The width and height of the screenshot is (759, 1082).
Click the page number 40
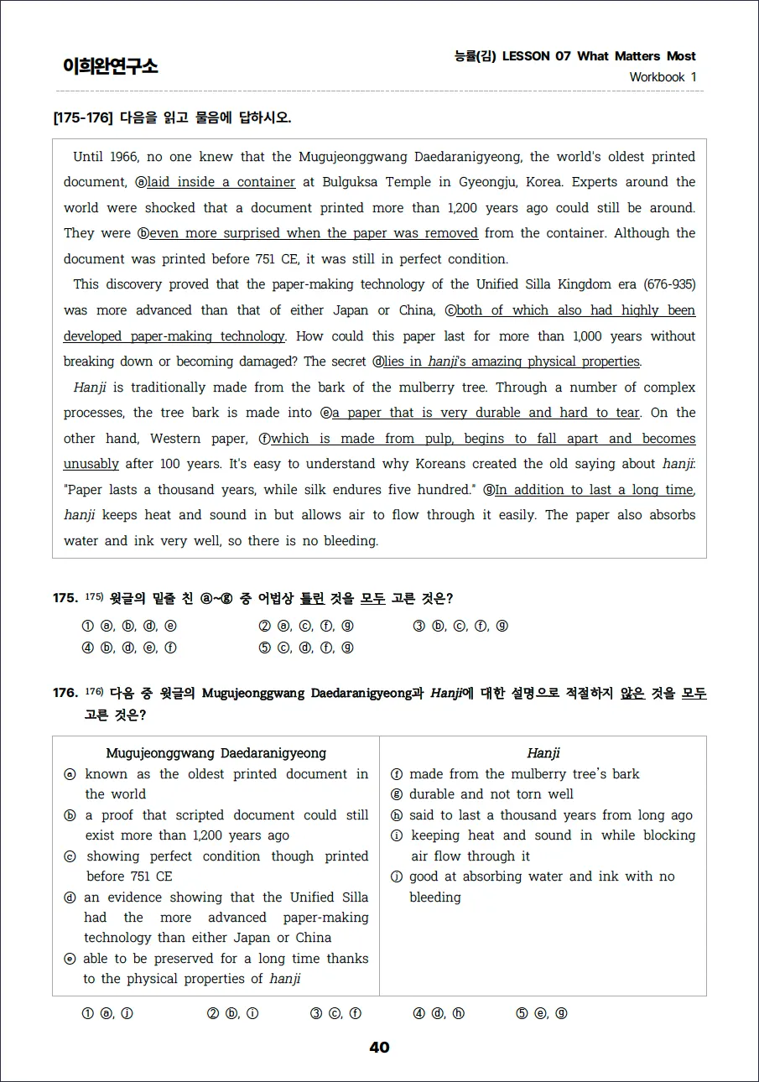click(x=379, y=1048)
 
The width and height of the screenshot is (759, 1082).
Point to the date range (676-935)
click(x=666, y=284)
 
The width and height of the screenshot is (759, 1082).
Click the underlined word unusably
click(x=91, y=464)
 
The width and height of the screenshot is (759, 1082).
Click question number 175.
click(x=65, y=598)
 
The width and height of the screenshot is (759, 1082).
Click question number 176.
click(x=65, y=693)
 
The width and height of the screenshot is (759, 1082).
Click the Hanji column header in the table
click(x=543, y=753)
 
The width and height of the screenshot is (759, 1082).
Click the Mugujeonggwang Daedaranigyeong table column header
click(x=216, y=753)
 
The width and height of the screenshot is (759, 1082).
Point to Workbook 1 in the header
click(x=663, y=77)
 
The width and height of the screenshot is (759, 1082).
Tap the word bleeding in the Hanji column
click(x=434, y=897)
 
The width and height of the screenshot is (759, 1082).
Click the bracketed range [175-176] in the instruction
click(x=83, y=117)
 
